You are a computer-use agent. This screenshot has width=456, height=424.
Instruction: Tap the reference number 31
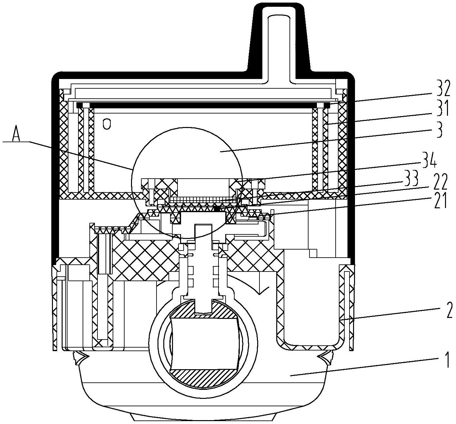[440, 110]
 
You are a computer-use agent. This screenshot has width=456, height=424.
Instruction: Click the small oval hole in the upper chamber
[106, 124]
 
